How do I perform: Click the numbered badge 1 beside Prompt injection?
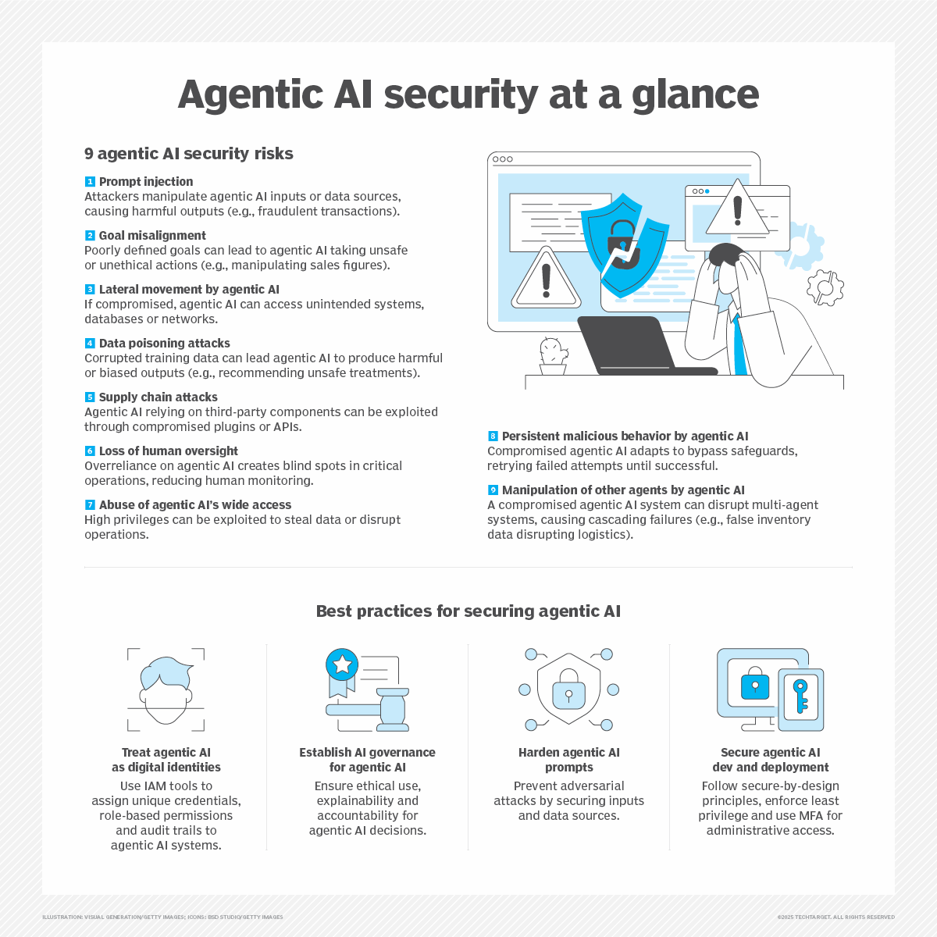(90, 182)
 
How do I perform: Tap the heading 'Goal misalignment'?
(152, 235)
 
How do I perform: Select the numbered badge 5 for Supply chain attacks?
(90, 397)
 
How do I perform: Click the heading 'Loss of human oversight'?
(168, 451)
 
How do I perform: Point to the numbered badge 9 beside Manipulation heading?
(493, 490)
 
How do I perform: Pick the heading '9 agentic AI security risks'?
(189, 154)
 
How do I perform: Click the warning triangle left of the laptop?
(546, 280)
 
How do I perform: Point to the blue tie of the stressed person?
(739, 344)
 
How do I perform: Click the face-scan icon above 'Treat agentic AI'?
(166, 688)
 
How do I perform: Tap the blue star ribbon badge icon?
(342, 665)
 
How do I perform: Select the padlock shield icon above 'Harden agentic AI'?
(568, 688)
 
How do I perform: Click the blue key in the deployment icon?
(800, 696)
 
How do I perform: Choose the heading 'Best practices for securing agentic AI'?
(468, 611)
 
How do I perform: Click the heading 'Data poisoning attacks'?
(164, 343)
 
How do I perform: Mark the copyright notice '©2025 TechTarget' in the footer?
(835, 917)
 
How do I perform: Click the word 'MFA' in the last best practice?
(810, 816)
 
